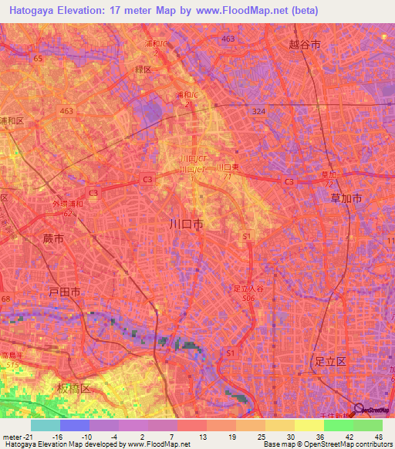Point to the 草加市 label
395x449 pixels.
(x=346, y=198)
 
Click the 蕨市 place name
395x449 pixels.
(x=54, y=240)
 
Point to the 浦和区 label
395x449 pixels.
(x=12, y=122)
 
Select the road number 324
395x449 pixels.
(x=257, y=112)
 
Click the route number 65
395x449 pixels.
(x=37, y=58)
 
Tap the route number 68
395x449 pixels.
(x=6, y=299)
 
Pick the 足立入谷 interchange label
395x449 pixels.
(x=248, y=289)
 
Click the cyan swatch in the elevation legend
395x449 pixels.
(x=46, y=425)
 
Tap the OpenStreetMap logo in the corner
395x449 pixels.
(x=373, y=410)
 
